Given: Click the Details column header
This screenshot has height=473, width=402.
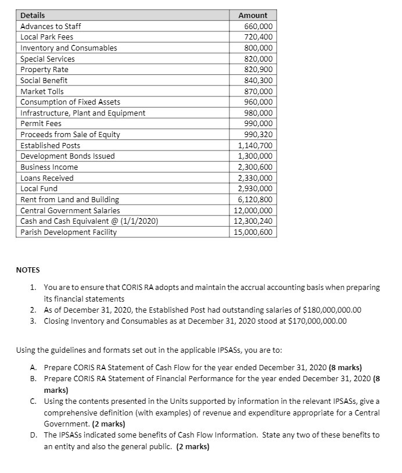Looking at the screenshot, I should (33, 15).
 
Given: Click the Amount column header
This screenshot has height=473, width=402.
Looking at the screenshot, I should (253, 15).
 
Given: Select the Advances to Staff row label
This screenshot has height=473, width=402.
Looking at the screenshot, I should (51, 26).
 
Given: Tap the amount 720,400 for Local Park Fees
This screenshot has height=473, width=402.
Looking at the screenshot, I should (259, 37).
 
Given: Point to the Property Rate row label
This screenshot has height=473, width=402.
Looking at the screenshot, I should (44, 69).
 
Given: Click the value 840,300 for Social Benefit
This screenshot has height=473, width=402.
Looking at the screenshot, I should (259, 80).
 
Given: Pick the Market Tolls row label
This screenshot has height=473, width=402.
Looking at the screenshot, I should (42, 91).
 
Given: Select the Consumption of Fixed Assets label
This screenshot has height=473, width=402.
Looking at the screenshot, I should (70, 102).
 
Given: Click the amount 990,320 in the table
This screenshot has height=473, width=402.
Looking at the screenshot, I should (259, 134).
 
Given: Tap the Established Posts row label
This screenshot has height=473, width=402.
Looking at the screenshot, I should (50, 145).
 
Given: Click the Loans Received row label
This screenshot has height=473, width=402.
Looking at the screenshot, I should (46, 178).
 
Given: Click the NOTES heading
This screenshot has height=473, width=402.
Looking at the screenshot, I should (27, 270).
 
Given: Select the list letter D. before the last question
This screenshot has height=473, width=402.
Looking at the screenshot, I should (33, 435).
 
